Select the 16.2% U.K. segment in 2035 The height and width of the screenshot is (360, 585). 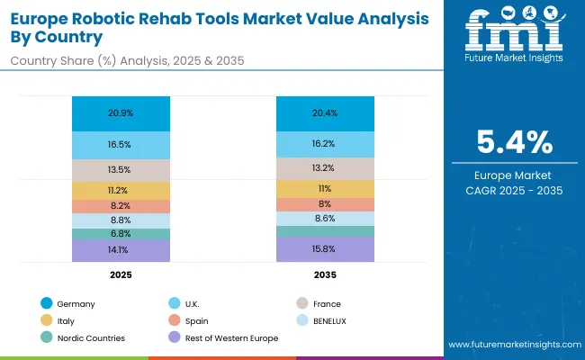[324, 144]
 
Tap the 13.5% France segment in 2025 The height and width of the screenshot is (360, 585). [120, 170]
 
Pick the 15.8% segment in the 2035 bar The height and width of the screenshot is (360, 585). [324, 249]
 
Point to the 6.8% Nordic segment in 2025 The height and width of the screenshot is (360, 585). [120, 234]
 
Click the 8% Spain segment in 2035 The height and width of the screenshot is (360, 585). [324, 203]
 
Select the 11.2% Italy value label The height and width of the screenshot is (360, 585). [120, 190]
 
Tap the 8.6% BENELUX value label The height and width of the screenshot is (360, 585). [324, 219]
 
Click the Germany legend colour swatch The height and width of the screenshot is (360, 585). [46, 304]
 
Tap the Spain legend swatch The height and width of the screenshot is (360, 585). [170, 320]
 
